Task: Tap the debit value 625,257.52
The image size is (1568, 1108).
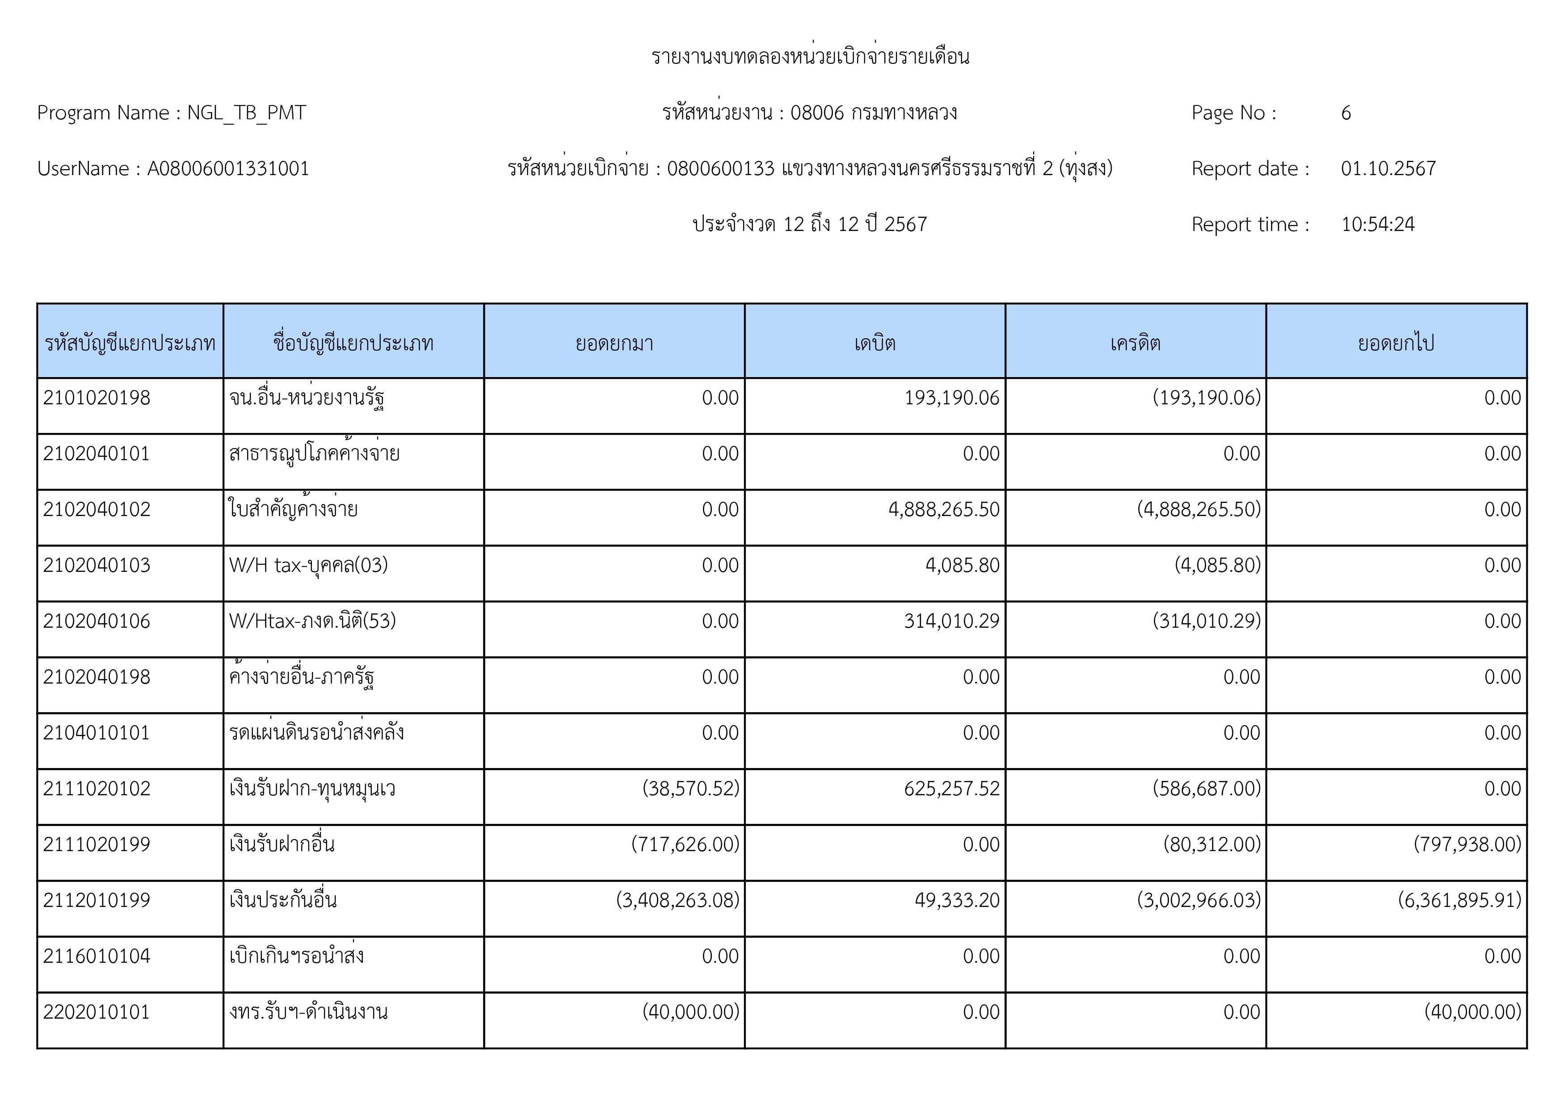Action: pos(951,789)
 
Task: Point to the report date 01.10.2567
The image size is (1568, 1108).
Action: pos(1388,168)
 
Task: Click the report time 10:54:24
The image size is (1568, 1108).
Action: pos(1378,225)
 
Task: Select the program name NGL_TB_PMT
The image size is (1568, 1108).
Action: pos(247,113)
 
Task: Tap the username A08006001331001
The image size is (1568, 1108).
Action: pos(228,168)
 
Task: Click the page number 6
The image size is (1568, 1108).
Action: pos(1345,113)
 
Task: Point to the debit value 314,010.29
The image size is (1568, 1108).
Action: pos(951,621)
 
